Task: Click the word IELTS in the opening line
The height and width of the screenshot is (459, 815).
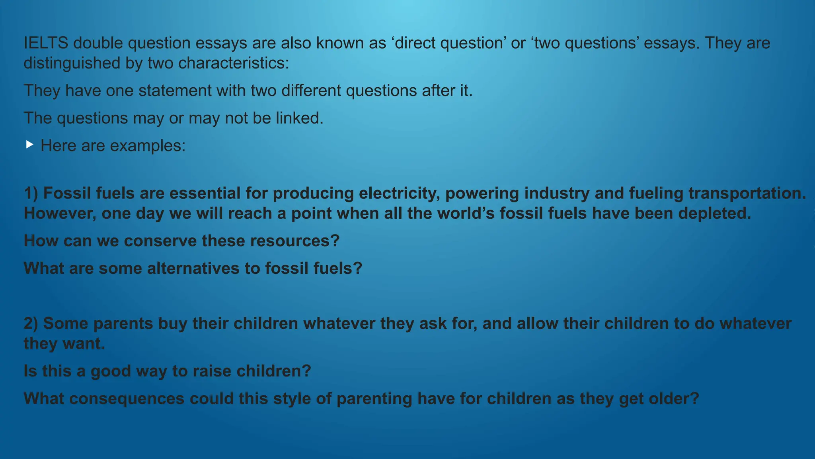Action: (x=46, y=43)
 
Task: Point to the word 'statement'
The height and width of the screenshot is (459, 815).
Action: (x=175, y=90)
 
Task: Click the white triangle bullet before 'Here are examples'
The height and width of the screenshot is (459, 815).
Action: (x=29, y=144)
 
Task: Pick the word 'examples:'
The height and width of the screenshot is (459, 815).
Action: (x=148, y=146)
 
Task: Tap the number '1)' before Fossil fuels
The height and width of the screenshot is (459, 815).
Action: (x=31, y=193)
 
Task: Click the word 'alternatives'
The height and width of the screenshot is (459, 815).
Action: (x=193, y=268)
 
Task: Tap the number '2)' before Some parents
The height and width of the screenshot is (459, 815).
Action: (x=31, y=324)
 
